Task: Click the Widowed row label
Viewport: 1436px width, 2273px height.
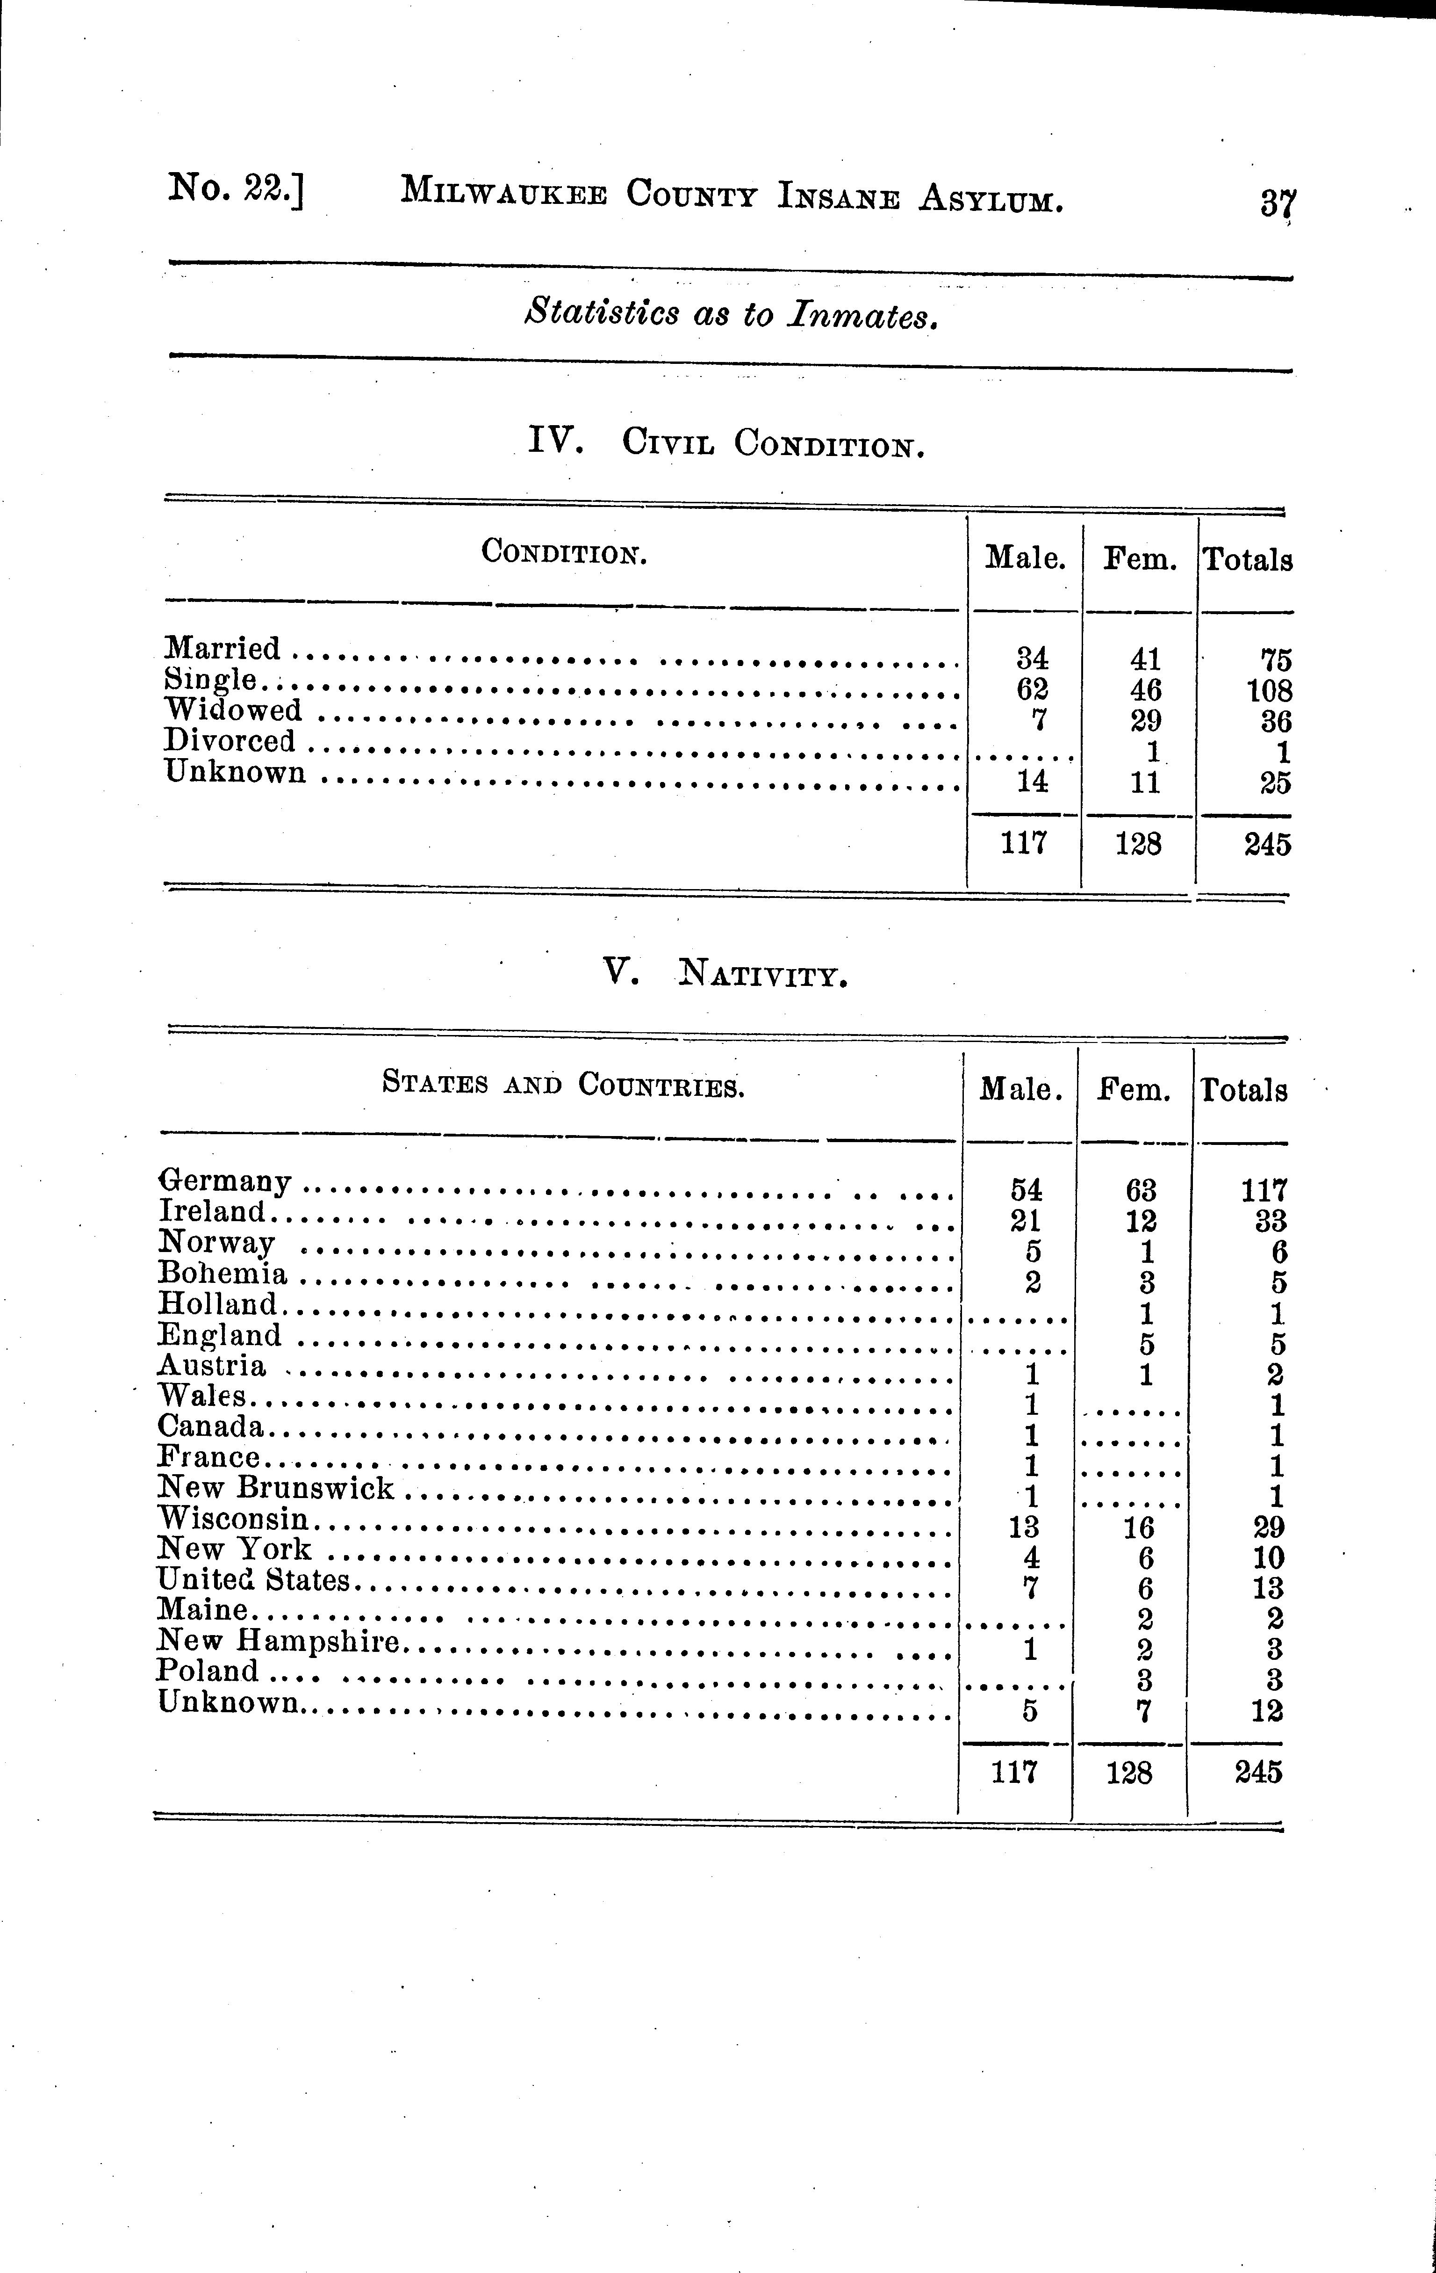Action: (233, 710)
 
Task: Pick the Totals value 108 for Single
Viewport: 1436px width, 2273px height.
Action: (1268, 690)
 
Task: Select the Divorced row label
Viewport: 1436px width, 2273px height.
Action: (229, 741)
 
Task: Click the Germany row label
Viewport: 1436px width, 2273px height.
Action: (224, 1181)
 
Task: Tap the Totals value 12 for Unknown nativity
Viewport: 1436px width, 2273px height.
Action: (1266, 1710)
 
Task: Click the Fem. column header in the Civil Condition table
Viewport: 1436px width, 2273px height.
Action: (1140, 560)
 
